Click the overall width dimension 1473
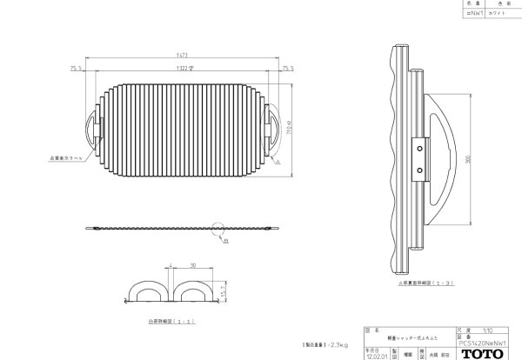point(183,55)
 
